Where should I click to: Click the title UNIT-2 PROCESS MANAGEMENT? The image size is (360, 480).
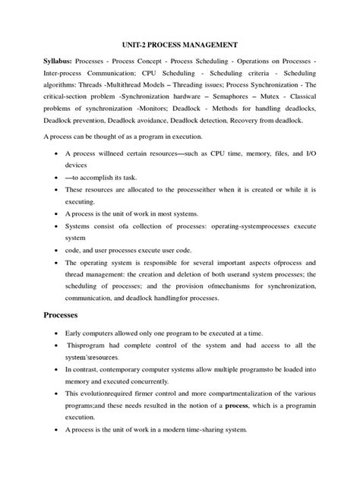coord(179,46)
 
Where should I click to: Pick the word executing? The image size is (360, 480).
coord(81,201)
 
